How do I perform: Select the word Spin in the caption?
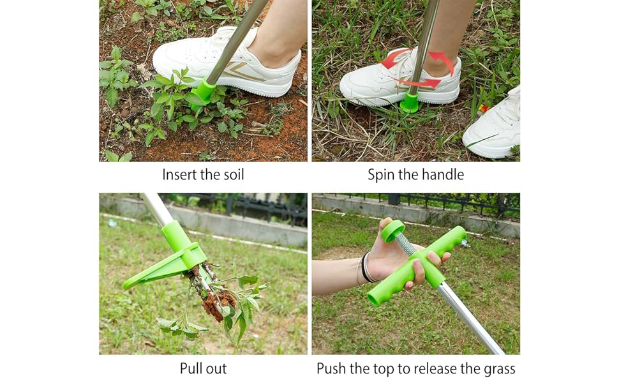click(x=381, y=174)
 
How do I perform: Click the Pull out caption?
click(x=203, y=368)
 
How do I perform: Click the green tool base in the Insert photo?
click(x=204, y=90)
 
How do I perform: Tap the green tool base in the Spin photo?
click(x=410, y=101)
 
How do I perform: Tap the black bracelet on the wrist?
click(x=366, y=267)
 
